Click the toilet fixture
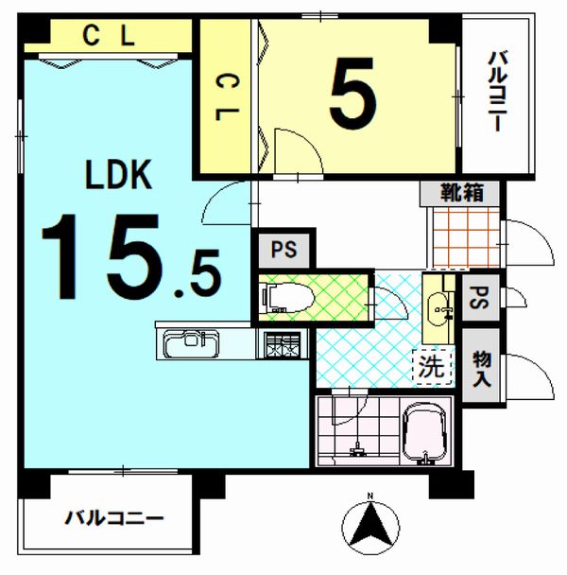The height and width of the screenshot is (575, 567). click(288, 298)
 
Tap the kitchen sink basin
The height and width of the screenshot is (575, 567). click(191, 344)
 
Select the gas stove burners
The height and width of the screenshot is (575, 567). click(283, 344)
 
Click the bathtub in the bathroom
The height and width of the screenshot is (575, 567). click(424, 433)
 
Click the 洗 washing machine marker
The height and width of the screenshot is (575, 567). click(432, 367)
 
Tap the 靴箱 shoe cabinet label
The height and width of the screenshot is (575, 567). click(462, 193)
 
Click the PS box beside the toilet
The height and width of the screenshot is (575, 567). click(284, 250)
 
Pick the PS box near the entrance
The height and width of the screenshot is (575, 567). click(480, 298)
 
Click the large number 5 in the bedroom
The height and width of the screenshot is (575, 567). click(352, 94)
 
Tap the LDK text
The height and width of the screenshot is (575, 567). click(118, 175)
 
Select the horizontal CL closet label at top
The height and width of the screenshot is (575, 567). click(109, 36)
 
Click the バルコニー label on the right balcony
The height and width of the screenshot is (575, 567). click(496, 92)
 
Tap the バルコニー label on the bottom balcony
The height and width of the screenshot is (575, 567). click(114, 518)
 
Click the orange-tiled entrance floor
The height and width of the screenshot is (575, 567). click(466, 237)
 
